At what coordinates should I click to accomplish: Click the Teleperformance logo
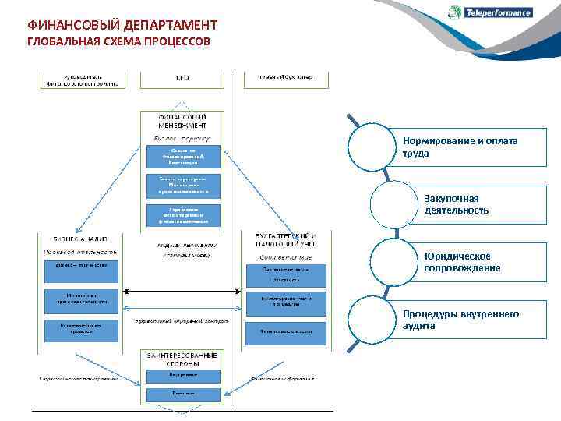pyautogui.click(x=490, y=12)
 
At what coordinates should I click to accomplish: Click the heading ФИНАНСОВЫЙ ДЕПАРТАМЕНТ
pyautogui.click(x=122, y=26)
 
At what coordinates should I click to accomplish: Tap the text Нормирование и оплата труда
pyautogui.click(x=460, y=147)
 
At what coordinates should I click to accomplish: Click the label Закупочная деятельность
pyautogui.click(x=457, y=204)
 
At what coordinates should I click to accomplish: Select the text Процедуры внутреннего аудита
pyautogui.click(x=460, y=320)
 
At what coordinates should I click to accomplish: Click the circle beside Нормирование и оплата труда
pyautogui.click(x=376, y=147)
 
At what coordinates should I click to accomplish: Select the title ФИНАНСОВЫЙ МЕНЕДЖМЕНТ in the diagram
pyautogui.click(x=182, y=121)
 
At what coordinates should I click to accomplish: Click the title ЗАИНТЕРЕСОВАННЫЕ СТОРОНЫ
pyautogui.click(x=182, y=359)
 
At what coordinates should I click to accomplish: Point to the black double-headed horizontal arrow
pyautogui.click(x=182, y=293)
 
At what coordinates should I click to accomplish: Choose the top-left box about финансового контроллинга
pyautogui.click(x=83, y=79)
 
